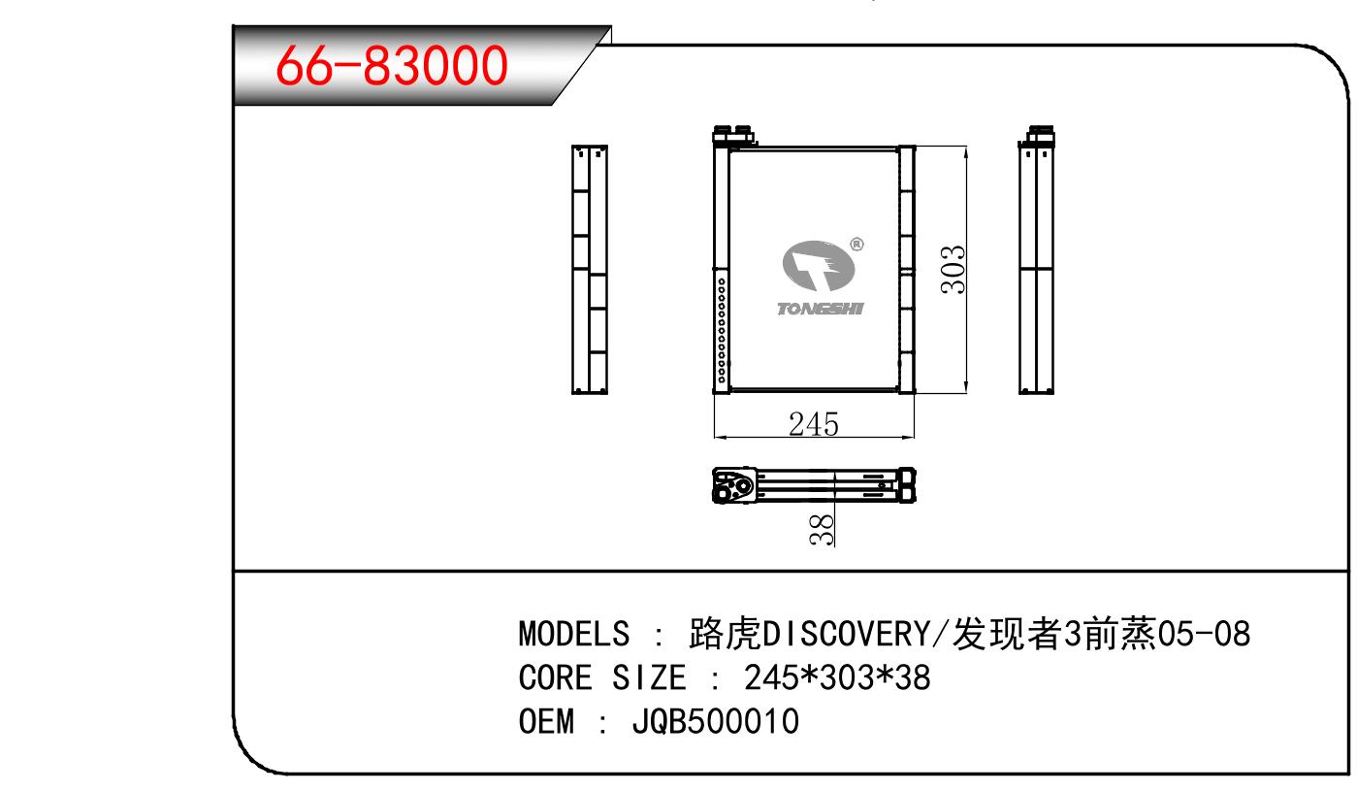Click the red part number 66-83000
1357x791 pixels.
(x=391, y=65)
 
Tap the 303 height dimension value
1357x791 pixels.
(x=953, y=270)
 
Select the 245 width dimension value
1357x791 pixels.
(x=814, y=424)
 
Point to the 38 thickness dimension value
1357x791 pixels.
(x=822, y=530)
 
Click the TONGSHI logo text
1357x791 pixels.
(x=821, y=310)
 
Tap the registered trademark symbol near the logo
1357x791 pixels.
(x=856, y=245)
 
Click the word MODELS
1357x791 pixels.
(x=573, y=634)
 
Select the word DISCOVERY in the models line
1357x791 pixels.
(x=847, y=634)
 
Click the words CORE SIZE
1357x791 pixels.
(x=602, y=677)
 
